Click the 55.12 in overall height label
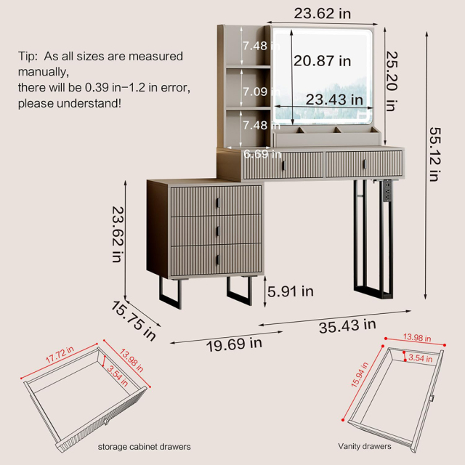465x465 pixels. tap(435, 154)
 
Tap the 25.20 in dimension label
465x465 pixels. tap(392, 81)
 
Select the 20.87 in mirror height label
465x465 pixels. tap(323, 61)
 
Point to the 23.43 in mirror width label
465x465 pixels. tap(334, 100)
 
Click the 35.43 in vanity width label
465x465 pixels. tap(347, 326)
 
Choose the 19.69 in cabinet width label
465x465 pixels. tap(234, 344)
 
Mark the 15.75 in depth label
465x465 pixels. tap(134, 321)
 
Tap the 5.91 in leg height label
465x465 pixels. tap(291, 291)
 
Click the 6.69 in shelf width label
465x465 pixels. tap(262, 154)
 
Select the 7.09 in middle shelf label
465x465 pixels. tap(262, 92)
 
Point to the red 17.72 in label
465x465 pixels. tap(60, 355)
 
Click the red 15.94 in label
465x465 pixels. tap(360, 375)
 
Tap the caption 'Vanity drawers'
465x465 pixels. tap(365, 446)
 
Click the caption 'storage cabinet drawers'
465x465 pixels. tap(144, 447)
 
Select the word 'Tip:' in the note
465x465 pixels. tap(28, 57)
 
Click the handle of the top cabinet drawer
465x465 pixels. tap(217, 203)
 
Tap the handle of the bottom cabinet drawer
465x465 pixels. tap(217, 260)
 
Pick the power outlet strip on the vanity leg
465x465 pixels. tap(387, 190)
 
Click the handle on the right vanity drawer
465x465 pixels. tap(365, 164)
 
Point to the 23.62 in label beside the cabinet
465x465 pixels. tap(118, 234)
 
